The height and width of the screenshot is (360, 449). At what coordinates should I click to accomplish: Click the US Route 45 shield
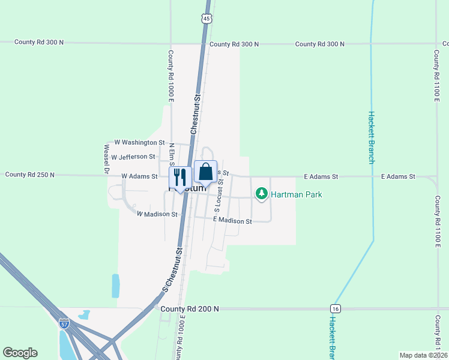click(206, 19)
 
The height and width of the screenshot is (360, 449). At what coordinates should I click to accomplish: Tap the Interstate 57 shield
click(64, 324)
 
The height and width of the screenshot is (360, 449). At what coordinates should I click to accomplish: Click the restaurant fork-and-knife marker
click(179, 177)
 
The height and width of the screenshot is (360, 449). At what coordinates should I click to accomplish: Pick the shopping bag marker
click(205, 172)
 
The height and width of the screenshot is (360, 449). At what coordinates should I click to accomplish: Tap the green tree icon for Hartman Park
click(261, 194)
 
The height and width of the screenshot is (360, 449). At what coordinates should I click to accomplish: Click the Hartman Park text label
click(297, 194)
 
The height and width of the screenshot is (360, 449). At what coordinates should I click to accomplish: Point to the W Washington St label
click(139, 143)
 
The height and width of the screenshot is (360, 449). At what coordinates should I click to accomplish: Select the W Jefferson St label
click(133, 157)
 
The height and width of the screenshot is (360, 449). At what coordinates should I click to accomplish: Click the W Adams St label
click(139, 176)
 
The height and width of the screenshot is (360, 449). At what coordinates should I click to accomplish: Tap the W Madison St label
click(157, 214)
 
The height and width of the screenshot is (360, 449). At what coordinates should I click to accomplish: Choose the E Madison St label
click(232, 221)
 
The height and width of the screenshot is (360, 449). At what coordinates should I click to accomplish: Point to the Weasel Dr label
click(106, 158)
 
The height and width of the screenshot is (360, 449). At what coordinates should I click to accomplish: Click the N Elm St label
click(171, 154)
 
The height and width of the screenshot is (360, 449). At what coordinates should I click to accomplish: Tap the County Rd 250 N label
click(29, 175)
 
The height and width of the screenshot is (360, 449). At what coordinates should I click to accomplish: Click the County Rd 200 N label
click(190, 308)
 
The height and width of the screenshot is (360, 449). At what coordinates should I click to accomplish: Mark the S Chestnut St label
click(173, 269)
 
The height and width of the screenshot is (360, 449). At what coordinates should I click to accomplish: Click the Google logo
click(20, 353)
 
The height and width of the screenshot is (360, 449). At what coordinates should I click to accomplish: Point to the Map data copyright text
click(423, 355)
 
